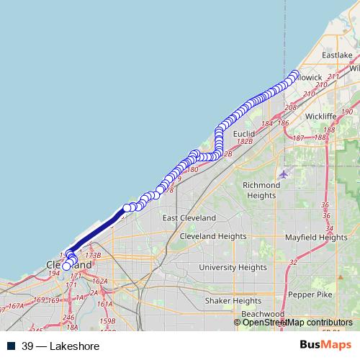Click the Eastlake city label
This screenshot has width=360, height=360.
(337, 55)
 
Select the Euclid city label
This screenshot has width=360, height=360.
(244, 134)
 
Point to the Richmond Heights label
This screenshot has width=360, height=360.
(261, 190)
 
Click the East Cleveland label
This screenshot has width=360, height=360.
(189, 218)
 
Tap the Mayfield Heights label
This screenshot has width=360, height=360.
(316, 237)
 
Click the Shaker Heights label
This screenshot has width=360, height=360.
(233, 300)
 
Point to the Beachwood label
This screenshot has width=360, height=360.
(263, 314)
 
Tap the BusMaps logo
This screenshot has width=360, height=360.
(326, 346)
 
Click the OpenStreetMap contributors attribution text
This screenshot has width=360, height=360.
(297, 323)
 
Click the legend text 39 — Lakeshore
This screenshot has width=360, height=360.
(60, 346)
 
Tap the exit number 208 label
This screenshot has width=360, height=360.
(290, 107)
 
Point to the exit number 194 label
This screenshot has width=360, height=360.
(53, 274)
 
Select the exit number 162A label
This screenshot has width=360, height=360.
(100, 281)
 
